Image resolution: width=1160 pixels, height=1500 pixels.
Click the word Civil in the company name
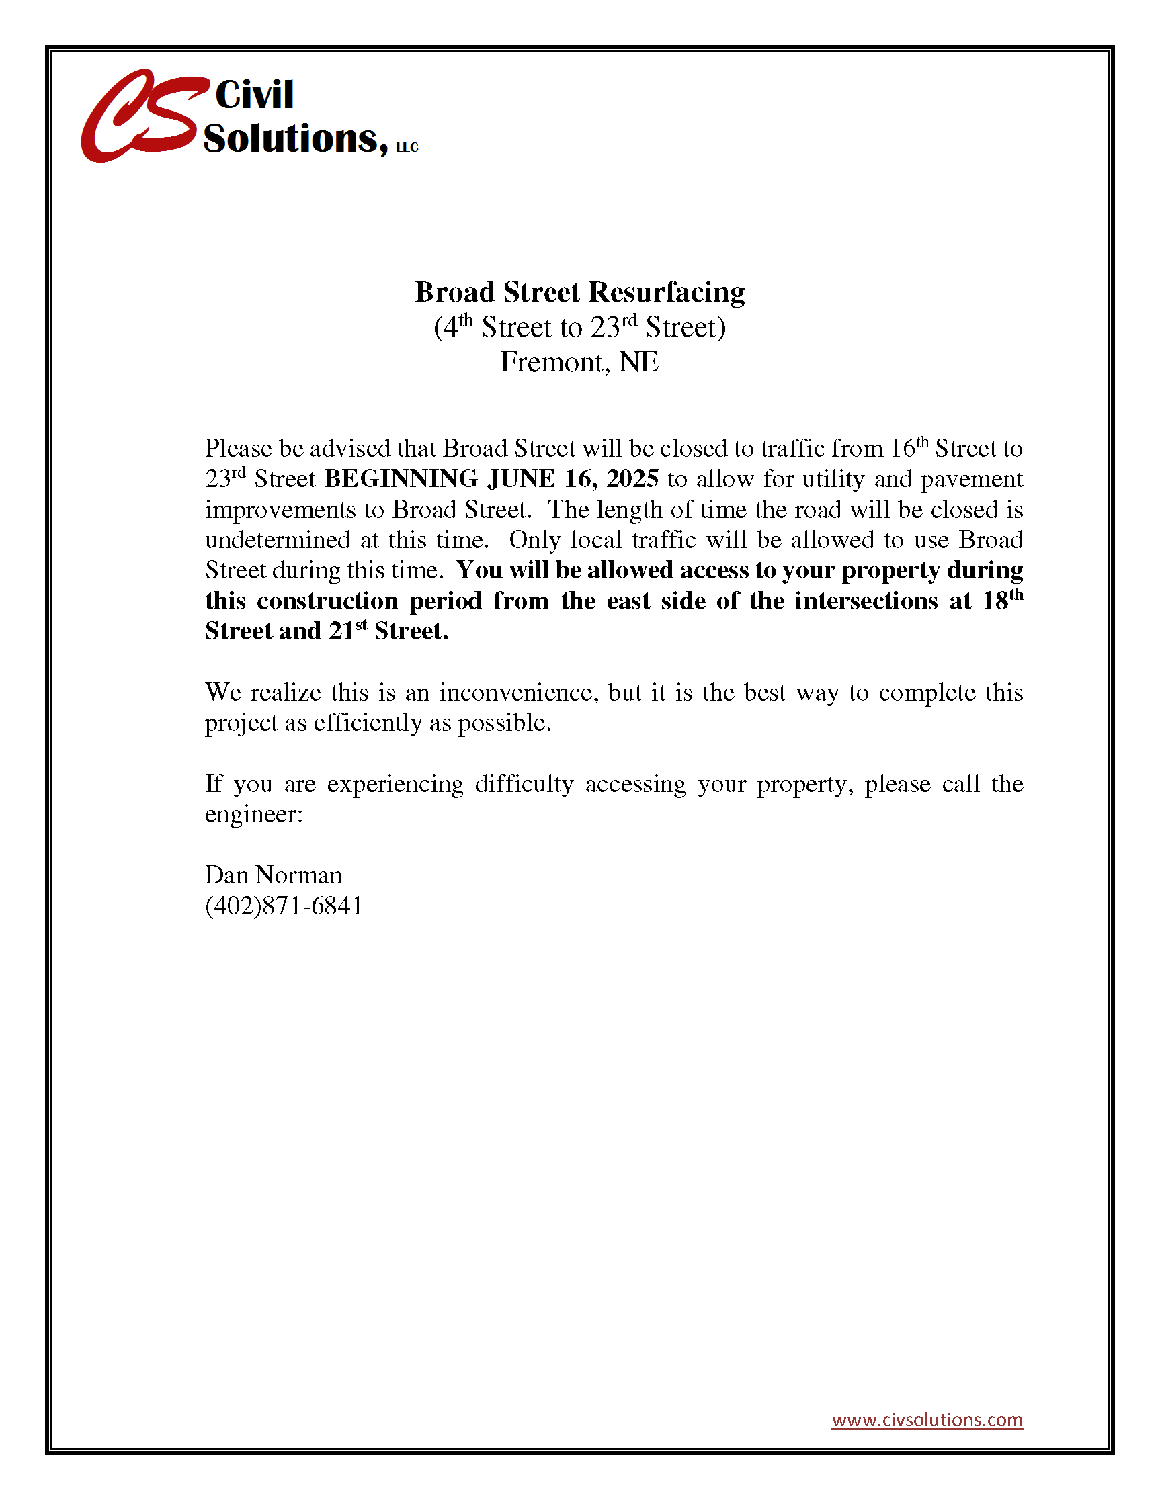pyautogui.click(x=254, y=94)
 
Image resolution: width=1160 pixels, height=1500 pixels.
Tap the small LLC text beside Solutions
pyautogui.click(x=407, y=148)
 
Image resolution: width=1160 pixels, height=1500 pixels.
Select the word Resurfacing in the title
pyautogui.click(x=667, y=293)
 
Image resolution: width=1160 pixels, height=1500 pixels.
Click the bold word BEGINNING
pyautogui.click(x=401, y=479)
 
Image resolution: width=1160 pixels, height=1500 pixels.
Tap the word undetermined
pyautogui.click(x=278, y=540)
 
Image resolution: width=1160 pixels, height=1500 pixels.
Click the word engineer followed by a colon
pyautogui.click(x=253, y=815)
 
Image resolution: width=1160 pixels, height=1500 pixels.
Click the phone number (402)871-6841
pyautogui.click(x=284, y=907)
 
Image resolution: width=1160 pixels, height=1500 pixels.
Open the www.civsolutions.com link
pyautogui.click(x=927, y=1419)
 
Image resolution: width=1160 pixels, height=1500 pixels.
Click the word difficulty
pyautogui.click(x=524, y=785)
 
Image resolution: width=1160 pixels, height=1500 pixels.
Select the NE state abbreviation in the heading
pyautogui.click(x=638, y=363)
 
